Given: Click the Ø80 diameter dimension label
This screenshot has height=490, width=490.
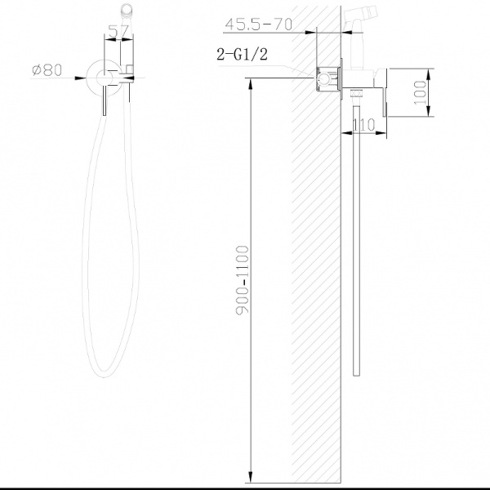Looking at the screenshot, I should (x=47, y=70).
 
